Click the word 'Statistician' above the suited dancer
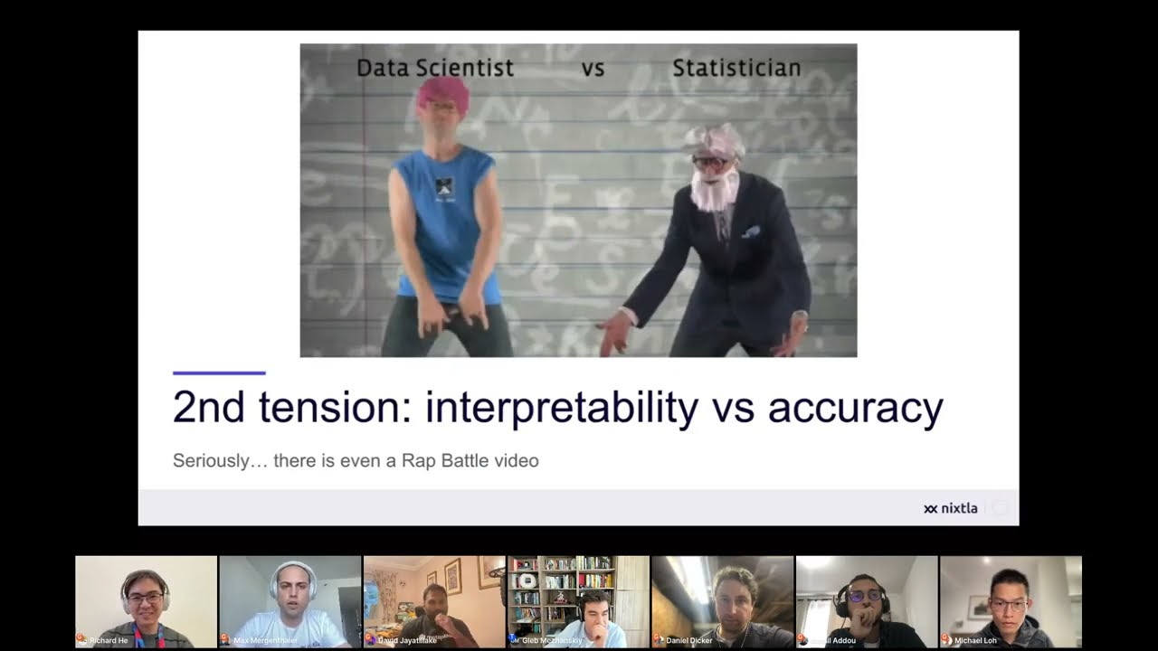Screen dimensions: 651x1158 736,68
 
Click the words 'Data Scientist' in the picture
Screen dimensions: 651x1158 434,68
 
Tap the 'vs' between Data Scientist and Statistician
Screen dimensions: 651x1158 593,69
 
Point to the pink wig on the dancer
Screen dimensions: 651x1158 442,92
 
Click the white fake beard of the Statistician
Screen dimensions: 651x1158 715,191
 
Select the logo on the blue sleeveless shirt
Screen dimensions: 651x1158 443,187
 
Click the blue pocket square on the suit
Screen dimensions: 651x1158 751,232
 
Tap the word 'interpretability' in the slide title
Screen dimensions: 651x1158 561,408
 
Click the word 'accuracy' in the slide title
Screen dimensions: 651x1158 855,408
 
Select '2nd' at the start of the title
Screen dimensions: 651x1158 208,408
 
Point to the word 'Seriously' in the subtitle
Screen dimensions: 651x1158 211,461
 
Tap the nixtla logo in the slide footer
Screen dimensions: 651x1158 951,508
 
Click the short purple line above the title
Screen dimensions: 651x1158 219,373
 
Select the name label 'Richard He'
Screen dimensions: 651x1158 109,640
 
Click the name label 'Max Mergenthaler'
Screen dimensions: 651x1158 266,640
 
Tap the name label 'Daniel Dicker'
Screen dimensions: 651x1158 689,640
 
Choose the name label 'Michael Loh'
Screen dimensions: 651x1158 976,640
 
